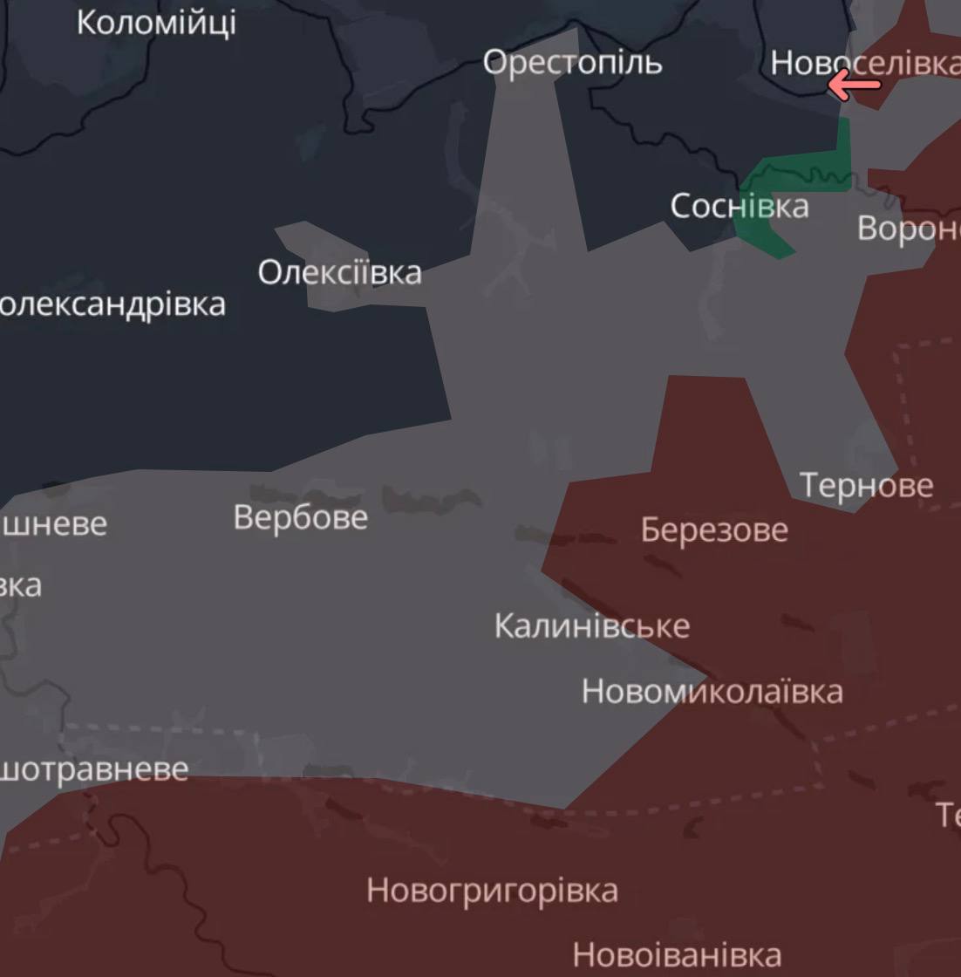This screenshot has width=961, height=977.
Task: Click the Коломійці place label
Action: [156, 22]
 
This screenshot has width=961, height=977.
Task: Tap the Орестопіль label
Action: [572, 62]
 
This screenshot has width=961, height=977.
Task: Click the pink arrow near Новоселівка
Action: [854, 85]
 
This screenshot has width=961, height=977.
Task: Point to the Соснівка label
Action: [739, 206]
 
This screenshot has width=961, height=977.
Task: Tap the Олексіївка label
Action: [339, 272]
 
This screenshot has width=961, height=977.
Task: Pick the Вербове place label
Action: [301, 517]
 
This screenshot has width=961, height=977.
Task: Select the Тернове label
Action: [866, 485]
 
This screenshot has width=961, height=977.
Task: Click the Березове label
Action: [714, 529]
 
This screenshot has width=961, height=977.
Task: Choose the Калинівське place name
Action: [592, 625]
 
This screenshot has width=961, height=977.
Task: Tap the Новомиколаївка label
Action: [712, 692]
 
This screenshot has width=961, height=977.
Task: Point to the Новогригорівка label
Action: [492, 891]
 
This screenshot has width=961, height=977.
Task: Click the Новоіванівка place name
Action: [677, 954]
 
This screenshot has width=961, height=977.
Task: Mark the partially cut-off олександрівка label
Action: [112, 304]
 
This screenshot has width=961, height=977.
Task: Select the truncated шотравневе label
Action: [93, 770]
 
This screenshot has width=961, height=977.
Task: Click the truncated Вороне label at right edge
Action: [909, 228]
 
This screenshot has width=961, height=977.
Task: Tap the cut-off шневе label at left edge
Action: [54, 524]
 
